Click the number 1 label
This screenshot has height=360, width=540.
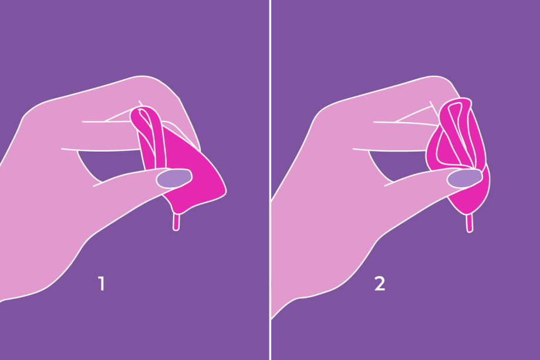coord(101,284)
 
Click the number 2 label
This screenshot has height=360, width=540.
coord(380,284)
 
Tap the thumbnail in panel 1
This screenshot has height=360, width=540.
coord(174,178)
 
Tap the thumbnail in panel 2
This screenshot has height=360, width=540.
coord(465,179)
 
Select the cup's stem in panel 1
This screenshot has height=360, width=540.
coord(176,222)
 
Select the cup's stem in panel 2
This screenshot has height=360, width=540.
coord(470,223)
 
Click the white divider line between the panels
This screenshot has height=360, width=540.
coord(271,180)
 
